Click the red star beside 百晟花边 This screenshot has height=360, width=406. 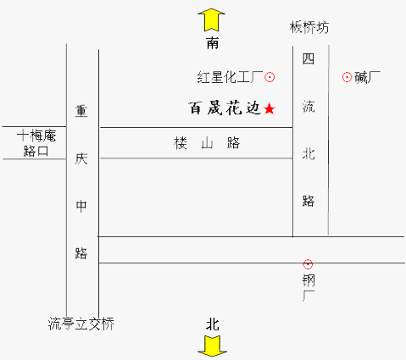pos(270,108)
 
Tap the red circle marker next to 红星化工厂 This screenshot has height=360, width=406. pos(270,77)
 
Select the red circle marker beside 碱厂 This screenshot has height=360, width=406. pos(347,77)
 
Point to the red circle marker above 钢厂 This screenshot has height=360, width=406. pos(308,264)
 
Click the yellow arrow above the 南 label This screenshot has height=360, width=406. pos(212,19)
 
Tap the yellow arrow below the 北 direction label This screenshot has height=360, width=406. pos(212,346)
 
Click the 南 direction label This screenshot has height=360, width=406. pos(213,43)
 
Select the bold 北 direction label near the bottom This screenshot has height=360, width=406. pos(213,324)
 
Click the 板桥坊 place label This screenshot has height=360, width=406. pos(309,28)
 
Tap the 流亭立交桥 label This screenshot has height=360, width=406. pos(81,324)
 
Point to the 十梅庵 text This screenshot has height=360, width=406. pos(36,136)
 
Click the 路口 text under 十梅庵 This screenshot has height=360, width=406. pos(36,151)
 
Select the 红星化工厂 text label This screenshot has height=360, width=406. pos(230,77)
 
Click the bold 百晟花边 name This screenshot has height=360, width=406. pos(225,108)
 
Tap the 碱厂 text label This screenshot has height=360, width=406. pos(367,77)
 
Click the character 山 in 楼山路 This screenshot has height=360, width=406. pos(207,143)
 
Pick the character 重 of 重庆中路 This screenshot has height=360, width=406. pos(81,111)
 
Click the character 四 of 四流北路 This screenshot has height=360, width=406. pos(309,58)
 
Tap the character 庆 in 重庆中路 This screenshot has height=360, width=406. pos(81,158)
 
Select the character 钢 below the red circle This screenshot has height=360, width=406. pos(309,281)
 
